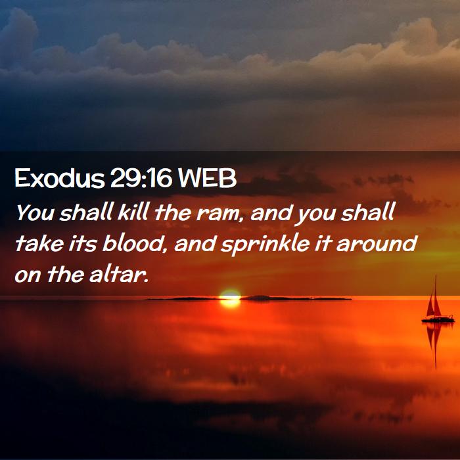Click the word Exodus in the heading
(60, 178)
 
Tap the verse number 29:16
(141, 178)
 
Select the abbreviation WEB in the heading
(207, 178)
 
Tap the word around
(377, 243)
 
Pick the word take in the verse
(39, 243)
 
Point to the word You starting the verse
(35, 212)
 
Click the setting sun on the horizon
(230, 298)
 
